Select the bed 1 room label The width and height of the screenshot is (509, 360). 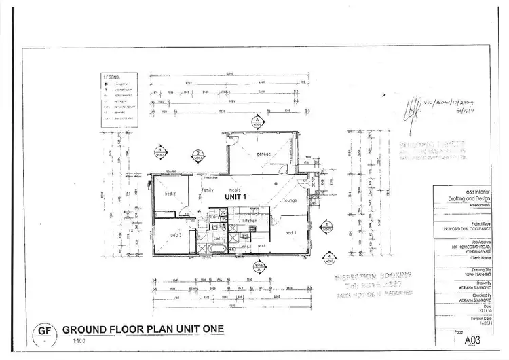(x=290, y=233)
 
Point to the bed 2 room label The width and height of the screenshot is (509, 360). (x=170, y=194)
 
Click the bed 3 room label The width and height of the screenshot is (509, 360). (x=176, y=234)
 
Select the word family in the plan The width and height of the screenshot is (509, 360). (x=206, y=190)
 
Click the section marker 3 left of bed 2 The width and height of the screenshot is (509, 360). (x=160, y=151)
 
